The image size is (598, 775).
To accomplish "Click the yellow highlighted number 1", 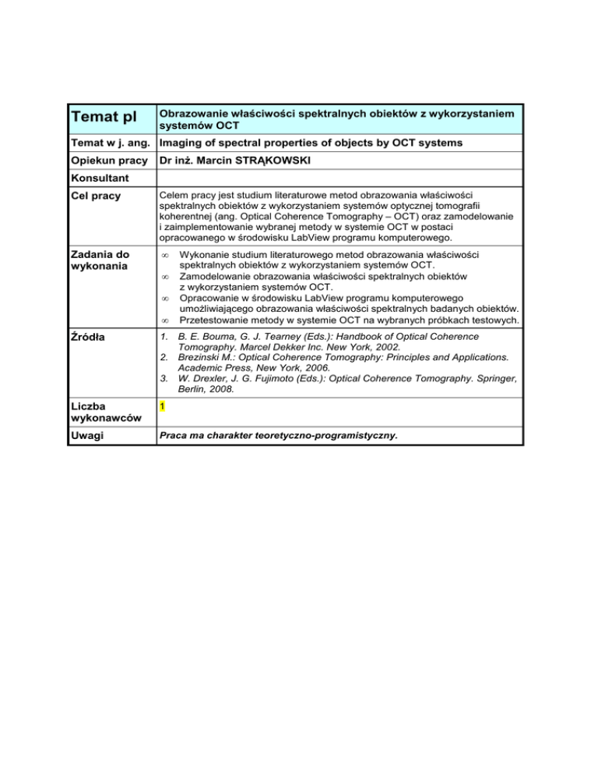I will [x=161, y=406].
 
